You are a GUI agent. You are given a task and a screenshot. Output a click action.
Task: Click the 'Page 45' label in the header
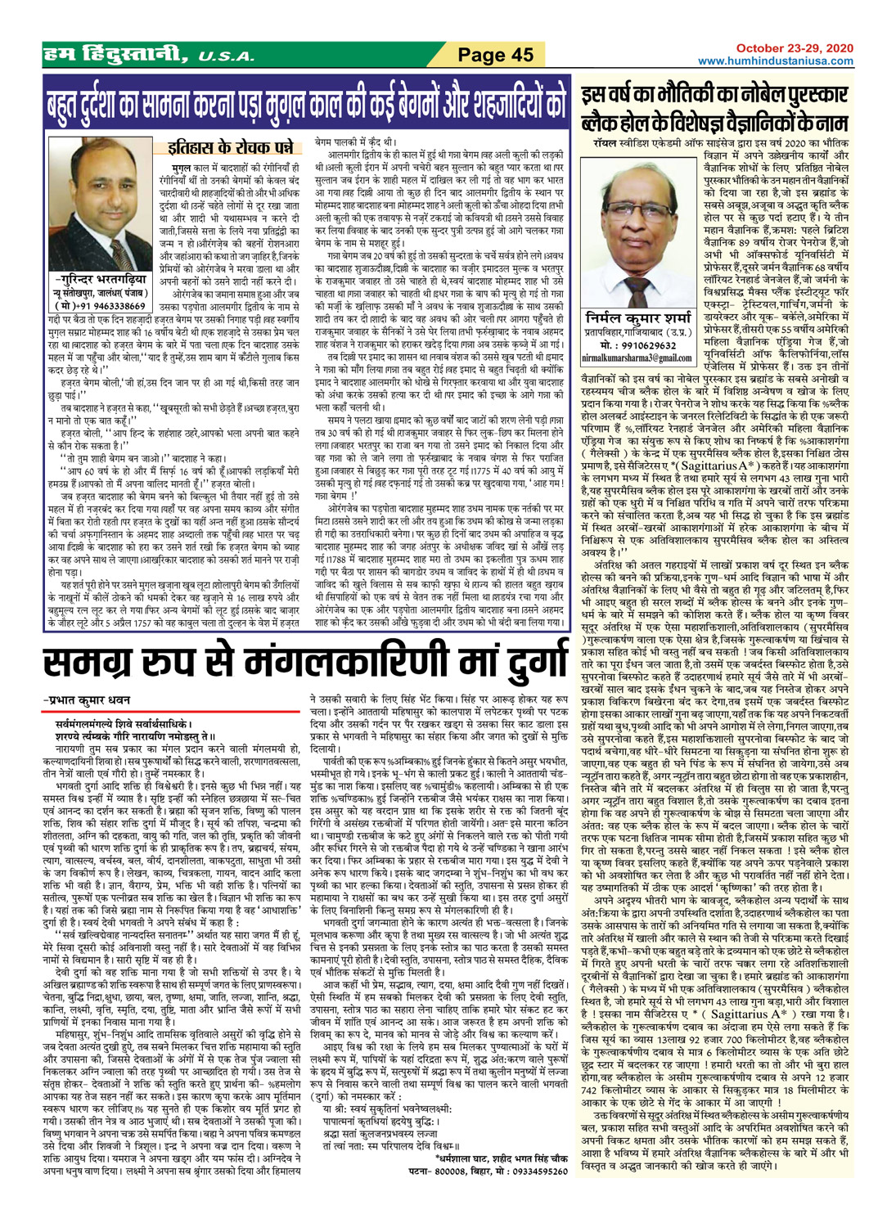[495, 56]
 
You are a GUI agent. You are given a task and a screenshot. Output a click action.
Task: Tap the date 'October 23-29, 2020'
[794, 49]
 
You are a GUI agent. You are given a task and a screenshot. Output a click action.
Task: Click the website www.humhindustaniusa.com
[775, 61]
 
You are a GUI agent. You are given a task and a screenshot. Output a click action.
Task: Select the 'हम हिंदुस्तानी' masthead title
[115, 56]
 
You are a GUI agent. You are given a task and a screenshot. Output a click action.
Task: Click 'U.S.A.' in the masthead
[225, 57]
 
